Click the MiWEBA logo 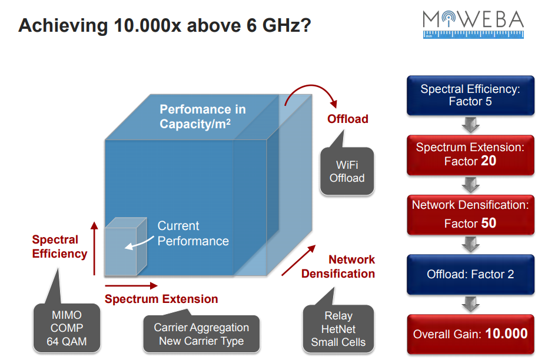coord(473,24)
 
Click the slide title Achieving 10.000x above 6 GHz coord(165,25)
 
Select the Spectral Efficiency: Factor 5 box coord(470,95)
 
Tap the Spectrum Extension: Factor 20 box coord(470,155)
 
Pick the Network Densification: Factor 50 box coord(470,215)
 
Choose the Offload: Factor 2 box coord(470,275)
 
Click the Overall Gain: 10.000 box coord(470,334)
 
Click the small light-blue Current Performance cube coord(125,246)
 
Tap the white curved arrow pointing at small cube coord(139,243)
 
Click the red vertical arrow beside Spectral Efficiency coord(94,248)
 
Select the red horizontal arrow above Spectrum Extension coord(131,286)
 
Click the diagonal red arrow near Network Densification coord(298,260)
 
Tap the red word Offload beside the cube coord(348,119)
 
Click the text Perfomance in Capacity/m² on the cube coord(202,116)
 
